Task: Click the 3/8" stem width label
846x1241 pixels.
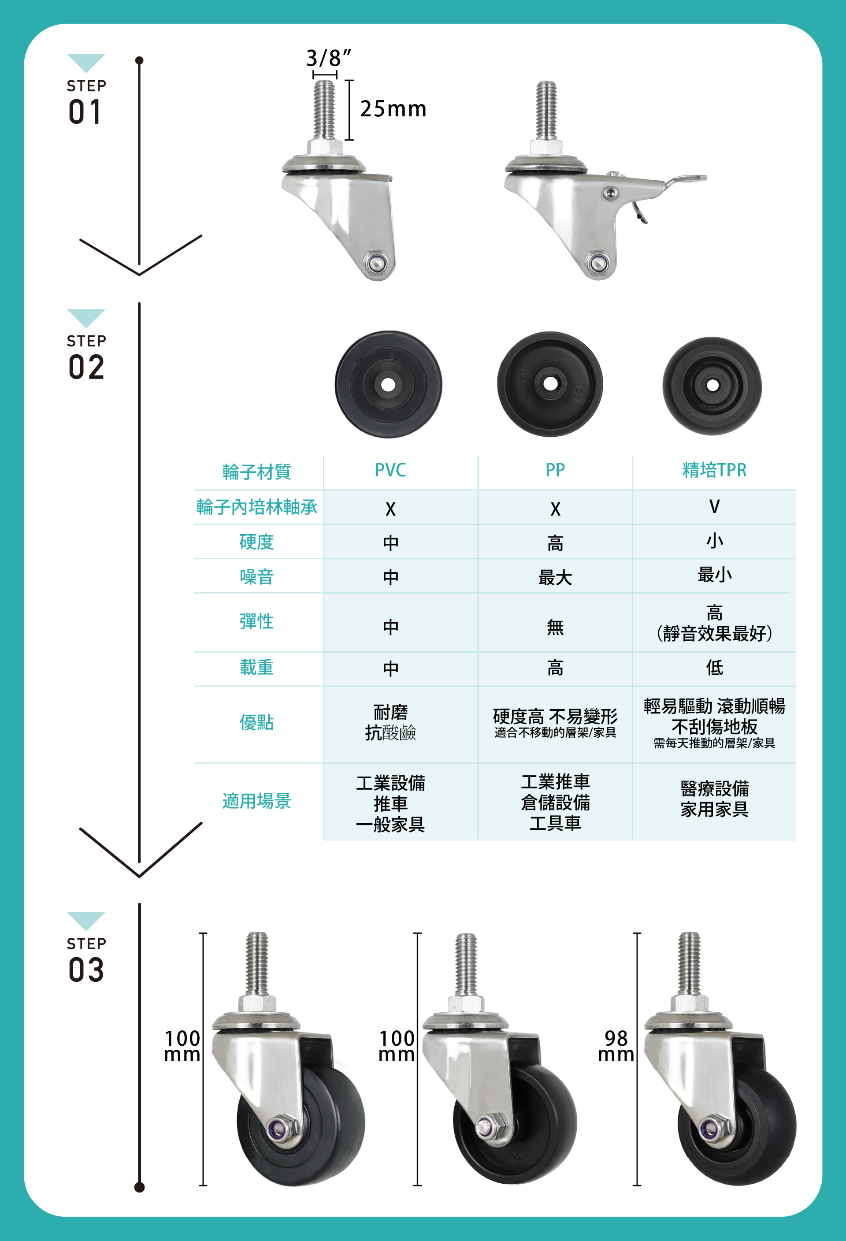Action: [x=329, y=58]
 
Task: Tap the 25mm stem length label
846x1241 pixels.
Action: [x=393, y=109]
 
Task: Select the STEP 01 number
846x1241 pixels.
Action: [x=85, y=112]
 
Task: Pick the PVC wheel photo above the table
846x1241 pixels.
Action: [x=389, y=384]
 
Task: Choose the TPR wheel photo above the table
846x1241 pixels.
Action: [x=712, y=386]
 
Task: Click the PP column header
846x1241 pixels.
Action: [x=555, y=470]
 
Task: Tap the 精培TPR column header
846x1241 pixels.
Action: [x=714, y=470]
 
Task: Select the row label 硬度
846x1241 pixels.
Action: [x=257, y=542]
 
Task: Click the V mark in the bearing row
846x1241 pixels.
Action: [x=714, y=506]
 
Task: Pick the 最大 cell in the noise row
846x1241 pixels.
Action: [x=555, y=577]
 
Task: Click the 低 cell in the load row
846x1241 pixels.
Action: [x=714, y=668]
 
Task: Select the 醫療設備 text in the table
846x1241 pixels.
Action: [x=714, y=789]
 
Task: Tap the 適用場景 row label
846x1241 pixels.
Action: [x=257, y=801]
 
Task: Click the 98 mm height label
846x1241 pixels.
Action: [x=616, y=1046]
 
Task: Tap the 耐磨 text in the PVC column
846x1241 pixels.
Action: [x=391, y=712]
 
